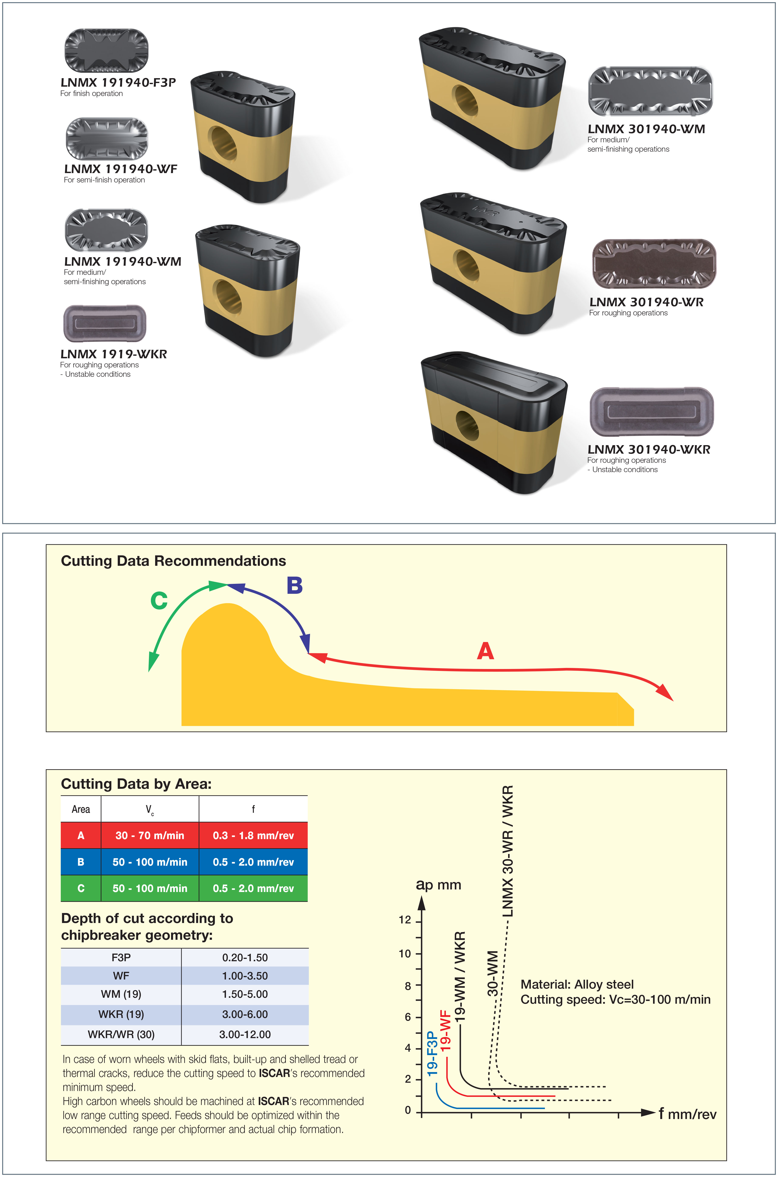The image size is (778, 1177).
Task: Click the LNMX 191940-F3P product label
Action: point(118,82)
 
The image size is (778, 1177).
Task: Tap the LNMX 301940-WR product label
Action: point(646,302)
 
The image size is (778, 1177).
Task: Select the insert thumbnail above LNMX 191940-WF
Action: point(107,138)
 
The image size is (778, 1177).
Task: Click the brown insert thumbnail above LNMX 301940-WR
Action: point(654,264)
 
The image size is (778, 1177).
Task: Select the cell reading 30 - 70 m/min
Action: point(150,835)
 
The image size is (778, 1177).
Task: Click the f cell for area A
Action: point(254,835)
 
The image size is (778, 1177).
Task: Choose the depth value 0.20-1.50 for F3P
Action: point(245,957)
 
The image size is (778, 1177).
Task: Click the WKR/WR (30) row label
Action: point(121,1034)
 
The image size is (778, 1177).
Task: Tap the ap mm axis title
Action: point(439,885)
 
